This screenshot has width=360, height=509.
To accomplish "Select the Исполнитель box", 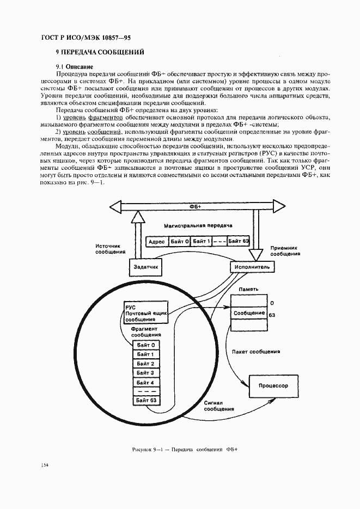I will [251, 267].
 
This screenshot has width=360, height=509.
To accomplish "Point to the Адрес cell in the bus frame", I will [157, 241].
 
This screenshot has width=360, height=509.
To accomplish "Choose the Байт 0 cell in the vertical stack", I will [146, 345].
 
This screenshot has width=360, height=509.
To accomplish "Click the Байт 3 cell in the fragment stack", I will [146, 373].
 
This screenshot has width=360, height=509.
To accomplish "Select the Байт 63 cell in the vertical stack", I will [146, 401].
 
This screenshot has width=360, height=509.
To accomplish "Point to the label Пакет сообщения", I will [255, 352].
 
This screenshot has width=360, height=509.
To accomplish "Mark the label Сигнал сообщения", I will [219, 406].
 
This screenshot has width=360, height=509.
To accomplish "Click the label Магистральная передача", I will [198, 225].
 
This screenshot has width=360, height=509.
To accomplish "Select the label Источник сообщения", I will [111, 249].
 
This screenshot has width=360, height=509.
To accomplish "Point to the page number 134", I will [45, 464].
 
